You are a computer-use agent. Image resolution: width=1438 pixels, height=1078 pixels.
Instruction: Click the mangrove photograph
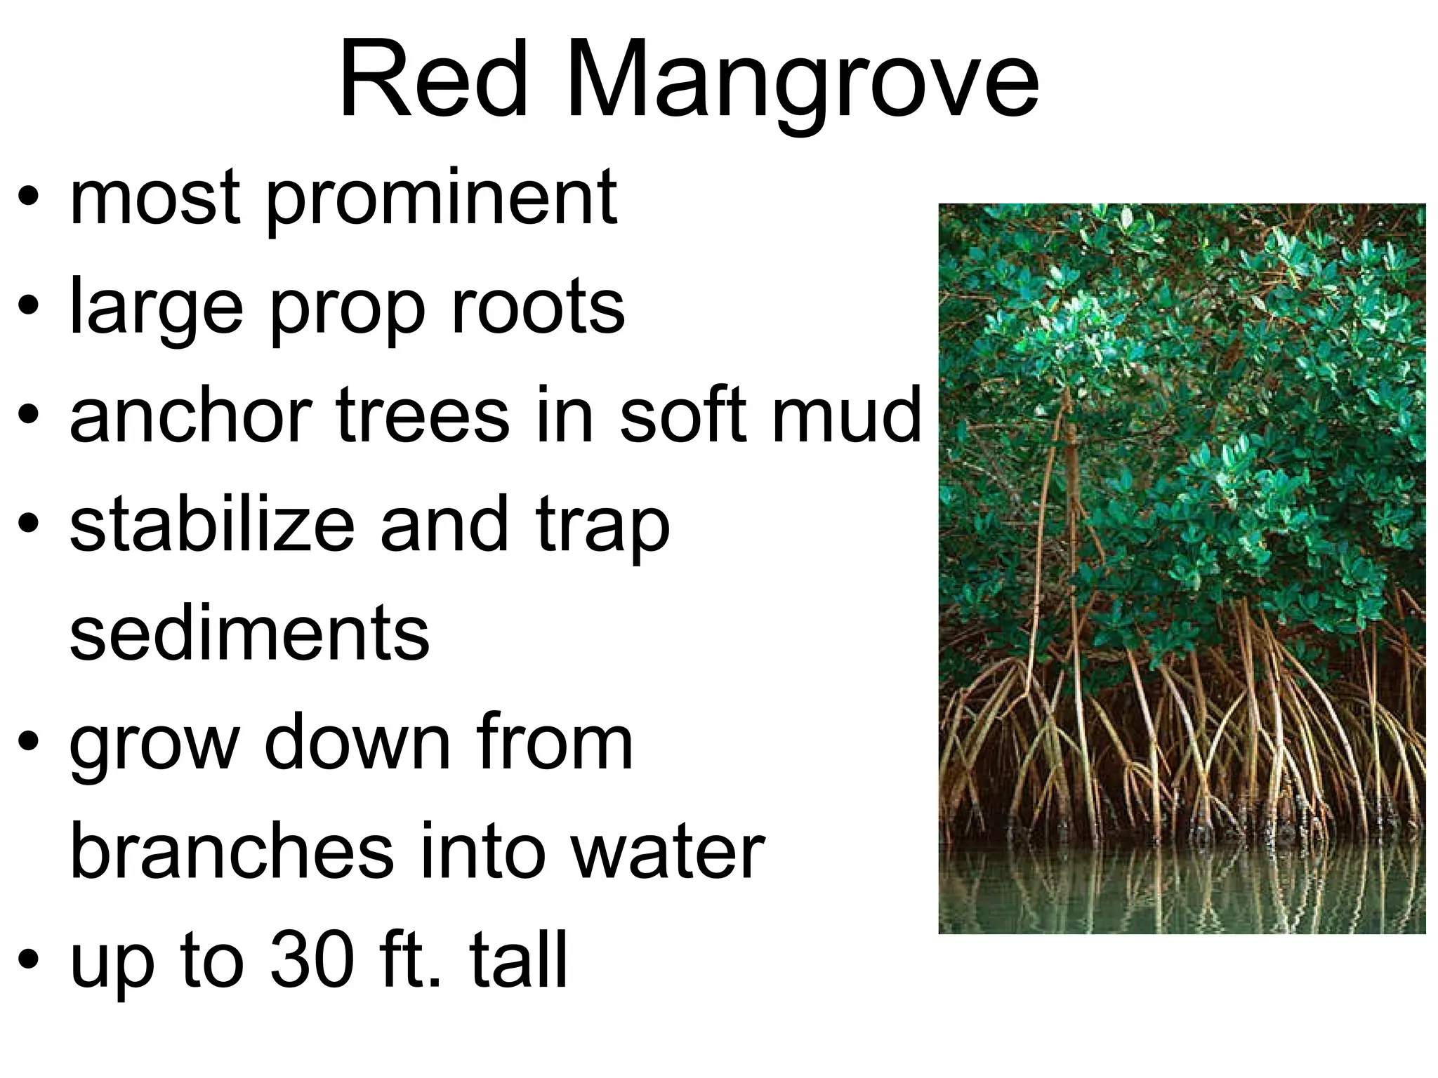1182,568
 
